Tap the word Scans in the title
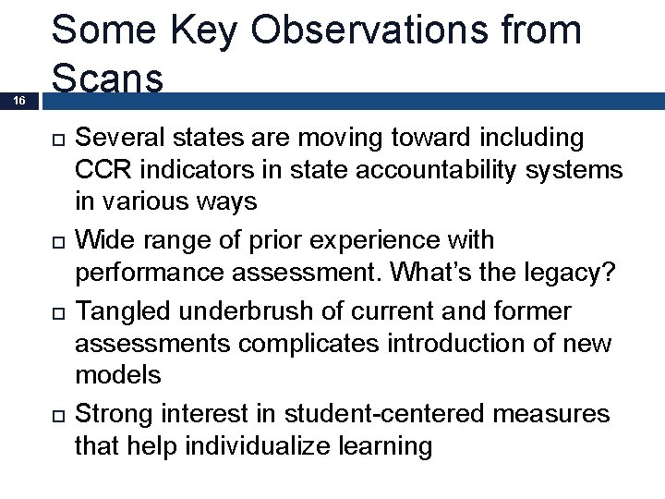point(108,79)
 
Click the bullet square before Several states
point(55,140)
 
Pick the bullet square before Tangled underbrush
point(55,311)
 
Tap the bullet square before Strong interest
point(55,414)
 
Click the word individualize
point(258,447)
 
